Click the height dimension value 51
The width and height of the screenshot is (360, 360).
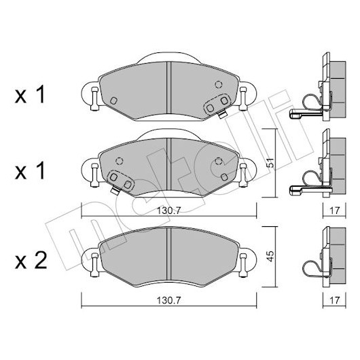(271, 162)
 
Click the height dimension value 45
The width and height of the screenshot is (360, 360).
(271, 256)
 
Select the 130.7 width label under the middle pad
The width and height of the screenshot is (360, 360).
(168, 211)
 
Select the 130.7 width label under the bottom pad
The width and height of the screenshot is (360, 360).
(168, 300)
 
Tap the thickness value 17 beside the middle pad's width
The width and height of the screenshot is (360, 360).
(334, 211)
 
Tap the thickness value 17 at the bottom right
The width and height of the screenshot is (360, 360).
(334, 300)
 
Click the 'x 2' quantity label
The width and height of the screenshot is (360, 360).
(31, 261)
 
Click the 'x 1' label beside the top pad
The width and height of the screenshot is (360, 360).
(30, 94)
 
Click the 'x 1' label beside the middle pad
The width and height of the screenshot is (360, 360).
(30, 170)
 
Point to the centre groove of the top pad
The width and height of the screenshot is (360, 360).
(168, 88)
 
